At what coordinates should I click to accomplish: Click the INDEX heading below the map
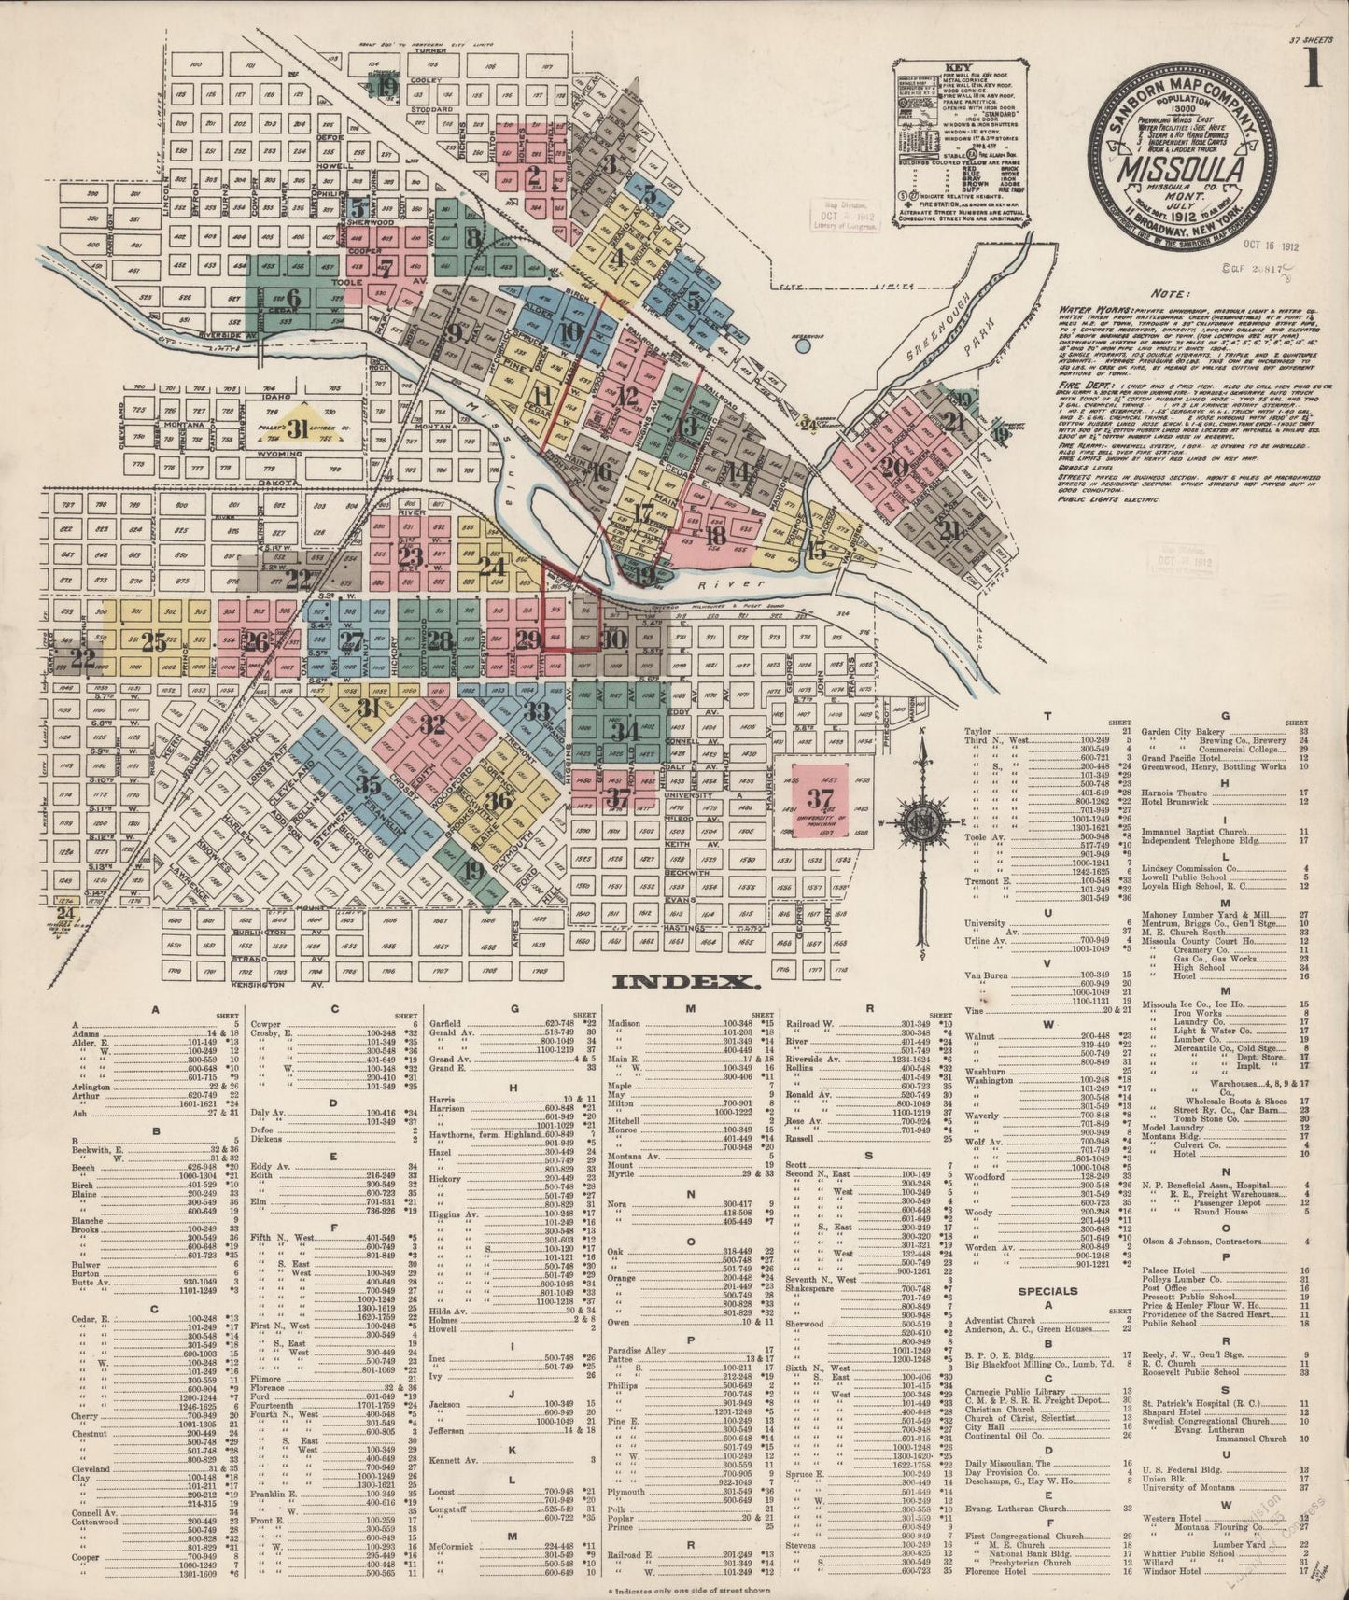click(x=683, y=982)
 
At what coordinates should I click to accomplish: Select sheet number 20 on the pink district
click(x=894, y=468)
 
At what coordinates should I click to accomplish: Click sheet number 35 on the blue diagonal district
click(x=368, y=783)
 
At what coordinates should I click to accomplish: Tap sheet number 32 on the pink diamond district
click(x=432, y=724)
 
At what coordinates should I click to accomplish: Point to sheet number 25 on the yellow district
click(x=154, y=641)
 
